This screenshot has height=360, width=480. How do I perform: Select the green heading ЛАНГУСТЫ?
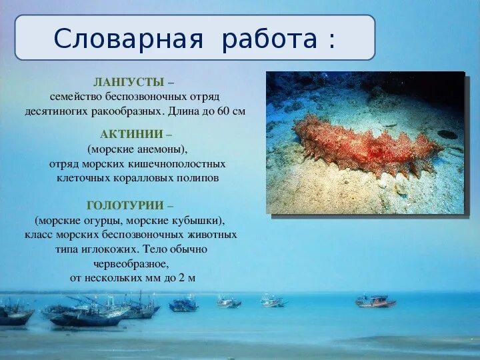(x=129, y=82)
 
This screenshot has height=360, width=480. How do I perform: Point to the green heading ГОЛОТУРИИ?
(x=126, y=205)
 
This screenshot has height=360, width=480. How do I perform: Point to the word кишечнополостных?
(x=186, y=163)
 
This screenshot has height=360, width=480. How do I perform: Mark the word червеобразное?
(x=131, y=263)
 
